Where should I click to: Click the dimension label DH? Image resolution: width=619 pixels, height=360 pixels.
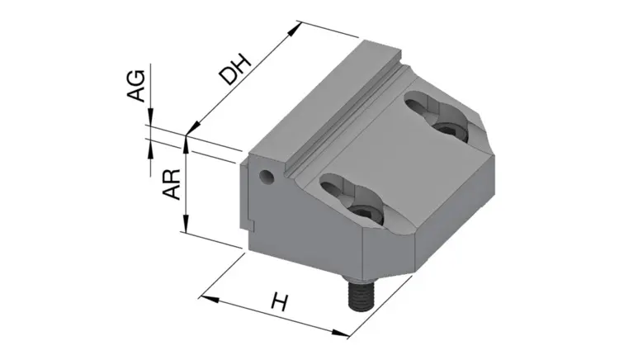[236, 70]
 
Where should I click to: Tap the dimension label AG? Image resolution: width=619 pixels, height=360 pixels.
[136, 86]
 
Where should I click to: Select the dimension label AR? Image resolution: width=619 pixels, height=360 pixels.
[172, 184]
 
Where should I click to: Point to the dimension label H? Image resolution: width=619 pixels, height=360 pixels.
[280, 302]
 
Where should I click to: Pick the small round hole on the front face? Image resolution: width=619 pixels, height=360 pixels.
[266, 177]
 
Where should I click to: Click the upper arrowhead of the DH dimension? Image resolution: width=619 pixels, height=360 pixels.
[295, 29]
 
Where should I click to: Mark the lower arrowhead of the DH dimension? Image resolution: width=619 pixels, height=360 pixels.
[191, 128]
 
